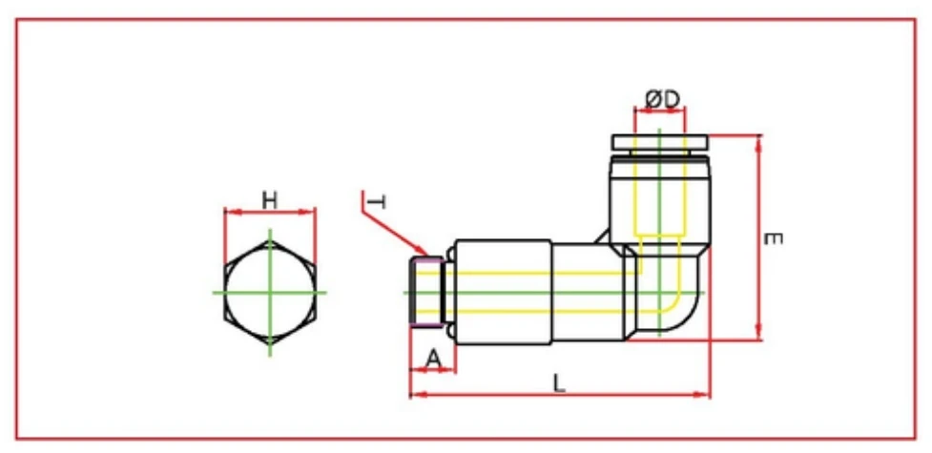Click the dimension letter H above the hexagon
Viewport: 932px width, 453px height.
click(270, 200)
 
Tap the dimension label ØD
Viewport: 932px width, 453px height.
click(660, 98)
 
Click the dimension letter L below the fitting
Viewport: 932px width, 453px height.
click(560, 381)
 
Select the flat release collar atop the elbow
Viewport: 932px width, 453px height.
click(660, 142)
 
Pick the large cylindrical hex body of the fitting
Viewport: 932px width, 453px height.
click(503, 291)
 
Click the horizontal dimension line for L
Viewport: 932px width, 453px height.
click(560, 393)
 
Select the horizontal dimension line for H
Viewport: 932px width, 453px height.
click(270, 213)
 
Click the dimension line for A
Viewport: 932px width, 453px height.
click(433, 370)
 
